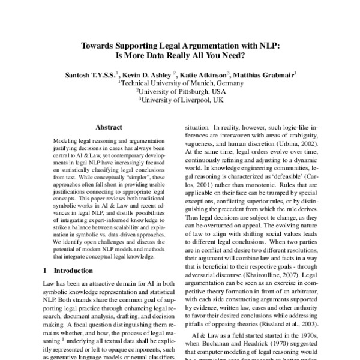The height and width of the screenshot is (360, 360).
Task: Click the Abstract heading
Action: pyautogui.click(x=109, y=127)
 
